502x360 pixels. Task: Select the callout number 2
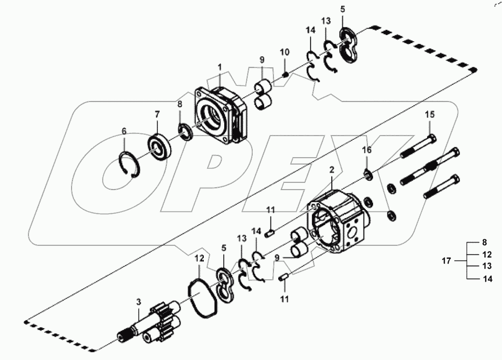(332, 170)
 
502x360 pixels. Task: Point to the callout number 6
(124, 131)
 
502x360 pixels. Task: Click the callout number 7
(157, 113)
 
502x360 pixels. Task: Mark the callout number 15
(430, 115)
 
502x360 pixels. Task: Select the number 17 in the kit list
(447, 261)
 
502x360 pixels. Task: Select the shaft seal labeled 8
(186, 132)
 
